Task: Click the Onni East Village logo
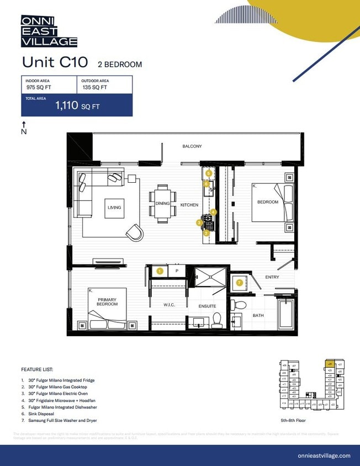click(x=49, y=31)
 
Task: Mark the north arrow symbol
click(x=24, y=128)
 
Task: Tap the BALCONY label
click(x=192, y=146)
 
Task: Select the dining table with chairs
click(x=162, y=204)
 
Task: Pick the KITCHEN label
click(x=189, y=205)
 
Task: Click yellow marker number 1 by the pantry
click(x=160, y=271)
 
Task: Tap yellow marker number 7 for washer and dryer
click(x=239, y=282)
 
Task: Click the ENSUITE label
click(x=207, y=306)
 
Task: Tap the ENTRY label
click(x=272, y=277)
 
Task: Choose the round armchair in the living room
click(x=134, y=232)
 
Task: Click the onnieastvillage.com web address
click(x=324, y=456)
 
